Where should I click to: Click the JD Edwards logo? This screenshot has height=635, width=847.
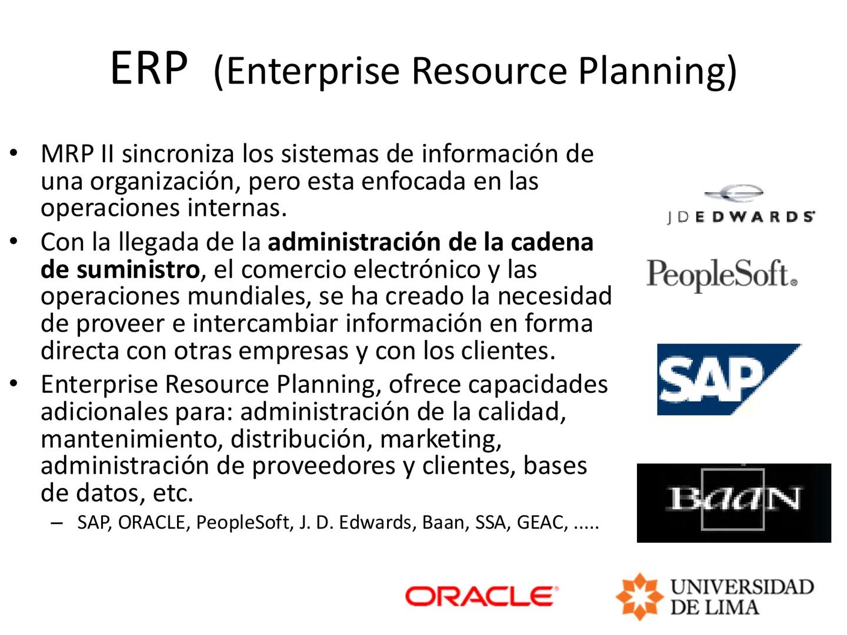point(741,206)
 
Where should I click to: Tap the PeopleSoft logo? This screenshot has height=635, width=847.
point(722,275)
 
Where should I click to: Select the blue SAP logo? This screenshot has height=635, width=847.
point(728,380)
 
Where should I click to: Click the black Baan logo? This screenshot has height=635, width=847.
point(734,502)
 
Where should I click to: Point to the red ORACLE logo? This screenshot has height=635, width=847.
point(481,596)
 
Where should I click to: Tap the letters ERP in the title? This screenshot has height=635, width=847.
point(149,68)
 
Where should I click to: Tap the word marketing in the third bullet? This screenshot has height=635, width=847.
point(441,439)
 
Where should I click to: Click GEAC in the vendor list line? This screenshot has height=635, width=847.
point(542,522)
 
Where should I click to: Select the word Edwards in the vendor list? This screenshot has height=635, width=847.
point(377,522)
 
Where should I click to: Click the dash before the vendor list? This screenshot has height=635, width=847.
point(56,522)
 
